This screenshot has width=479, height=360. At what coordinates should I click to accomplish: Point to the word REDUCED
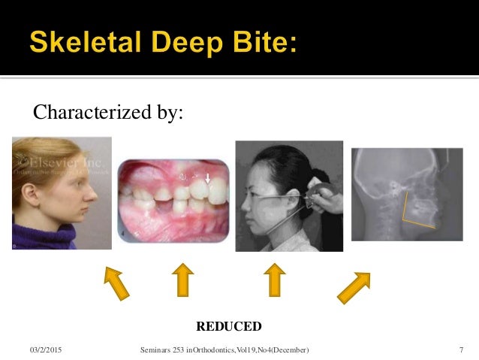228,326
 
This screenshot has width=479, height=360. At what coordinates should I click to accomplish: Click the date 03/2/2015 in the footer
47,350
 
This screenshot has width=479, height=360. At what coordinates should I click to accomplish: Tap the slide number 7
460,350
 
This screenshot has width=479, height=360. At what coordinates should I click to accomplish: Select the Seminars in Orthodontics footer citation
224,350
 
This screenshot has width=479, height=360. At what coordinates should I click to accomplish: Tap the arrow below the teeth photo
182,280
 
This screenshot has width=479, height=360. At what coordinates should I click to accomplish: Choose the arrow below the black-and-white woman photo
274,280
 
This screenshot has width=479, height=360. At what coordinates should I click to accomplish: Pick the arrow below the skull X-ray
354,287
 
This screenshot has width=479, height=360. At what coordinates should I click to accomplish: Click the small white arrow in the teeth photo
208,178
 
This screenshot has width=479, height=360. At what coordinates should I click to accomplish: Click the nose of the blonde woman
95,186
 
